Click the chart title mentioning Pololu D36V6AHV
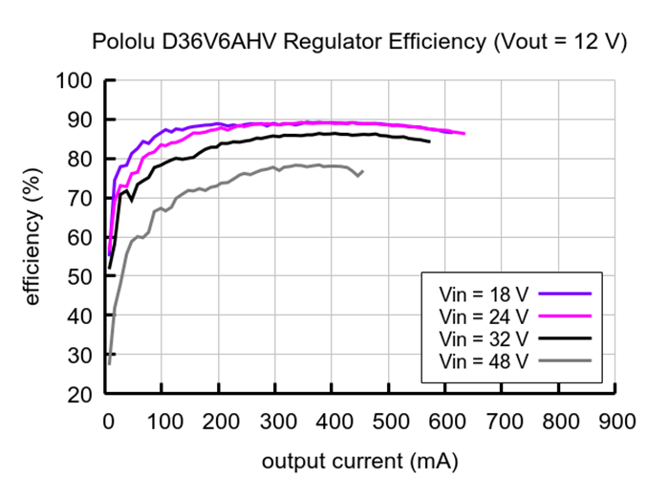[x=358, y=43]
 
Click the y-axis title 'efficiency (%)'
[x=32, y=237]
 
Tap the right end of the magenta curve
[x=464, y=134]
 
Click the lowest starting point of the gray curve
[x=109, y=363]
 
